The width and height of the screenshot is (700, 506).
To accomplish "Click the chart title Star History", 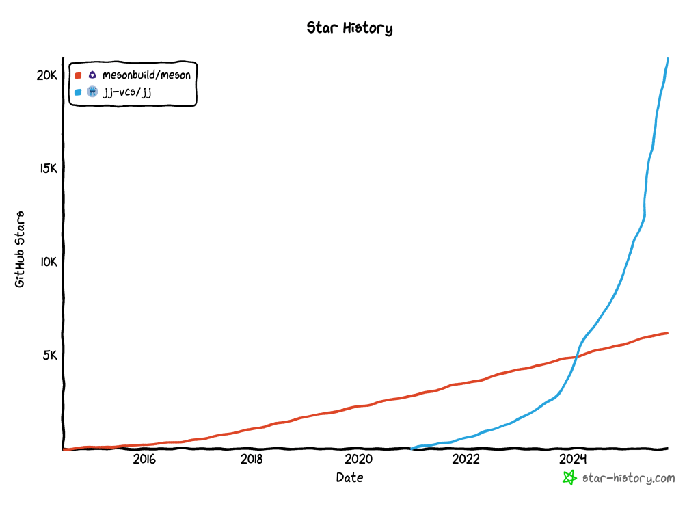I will pos(349,28).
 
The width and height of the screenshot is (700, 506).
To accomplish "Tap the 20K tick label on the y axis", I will pos(46,75).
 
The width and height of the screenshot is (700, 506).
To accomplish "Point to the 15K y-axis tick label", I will pos(47,168).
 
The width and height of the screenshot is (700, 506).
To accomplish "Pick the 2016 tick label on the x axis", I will pos(144,459).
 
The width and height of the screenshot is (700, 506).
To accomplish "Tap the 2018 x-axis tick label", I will pos(252,459).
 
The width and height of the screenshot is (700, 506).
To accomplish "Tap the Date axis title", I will pos(349,477).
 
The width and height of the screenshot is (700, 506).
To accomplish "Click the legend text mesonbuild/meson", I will pos(146,75).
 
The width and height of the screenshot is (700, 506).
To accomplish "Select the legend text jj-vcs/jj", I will pos(126,92).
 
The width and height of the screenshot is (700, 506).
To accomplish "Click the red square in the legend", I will pos(78,75).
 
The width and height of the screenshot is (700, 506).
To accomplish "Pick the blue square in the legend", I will pos(78,92).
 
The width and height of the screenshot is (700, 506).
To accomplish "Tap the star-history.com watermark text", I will pos(628,478).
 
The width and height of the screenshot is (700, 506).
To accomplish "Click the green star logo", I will pos(569,478).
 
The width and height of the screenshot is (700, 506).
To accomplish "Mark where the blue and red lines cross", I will pos(577,356).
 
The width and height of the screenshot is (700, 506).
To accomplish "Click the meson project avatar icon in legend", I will pos(92,75).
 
